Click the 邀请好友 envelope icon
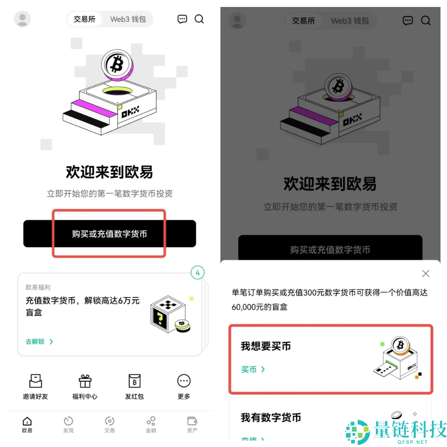[35, 381]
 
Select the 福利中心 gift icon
[85, 381]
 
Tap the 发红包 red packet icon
[134, 381]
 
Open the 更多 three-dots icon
[184, 381]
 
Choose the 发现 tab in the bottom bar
[68, 424]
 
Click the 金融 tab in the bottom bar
[151, 424]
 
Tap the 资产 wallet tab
[192, 424]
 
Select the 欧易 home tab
[27, 424]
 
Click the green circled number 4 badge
[197, 273]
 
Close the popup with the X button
[425, 273]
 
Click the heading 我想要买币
[266, 346]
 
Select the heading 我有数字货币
[271, 418]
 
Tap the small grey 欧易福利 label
[38, 288]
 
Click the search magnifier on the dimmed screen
[426, 20]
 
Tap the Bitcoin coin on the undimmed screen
[115, 64]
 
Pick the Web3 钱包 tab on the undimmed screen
[128, 19]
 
